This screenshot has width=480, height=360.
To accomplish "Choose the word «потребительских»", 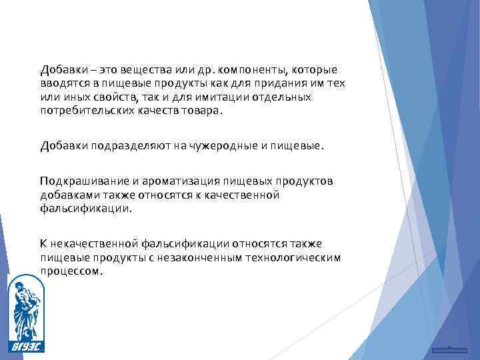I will [81, 111].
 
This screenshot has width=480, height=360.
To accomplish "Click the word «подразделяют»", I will [122, 145].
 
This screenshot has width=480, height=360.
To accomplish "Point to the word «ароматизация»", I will [175, 181].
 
